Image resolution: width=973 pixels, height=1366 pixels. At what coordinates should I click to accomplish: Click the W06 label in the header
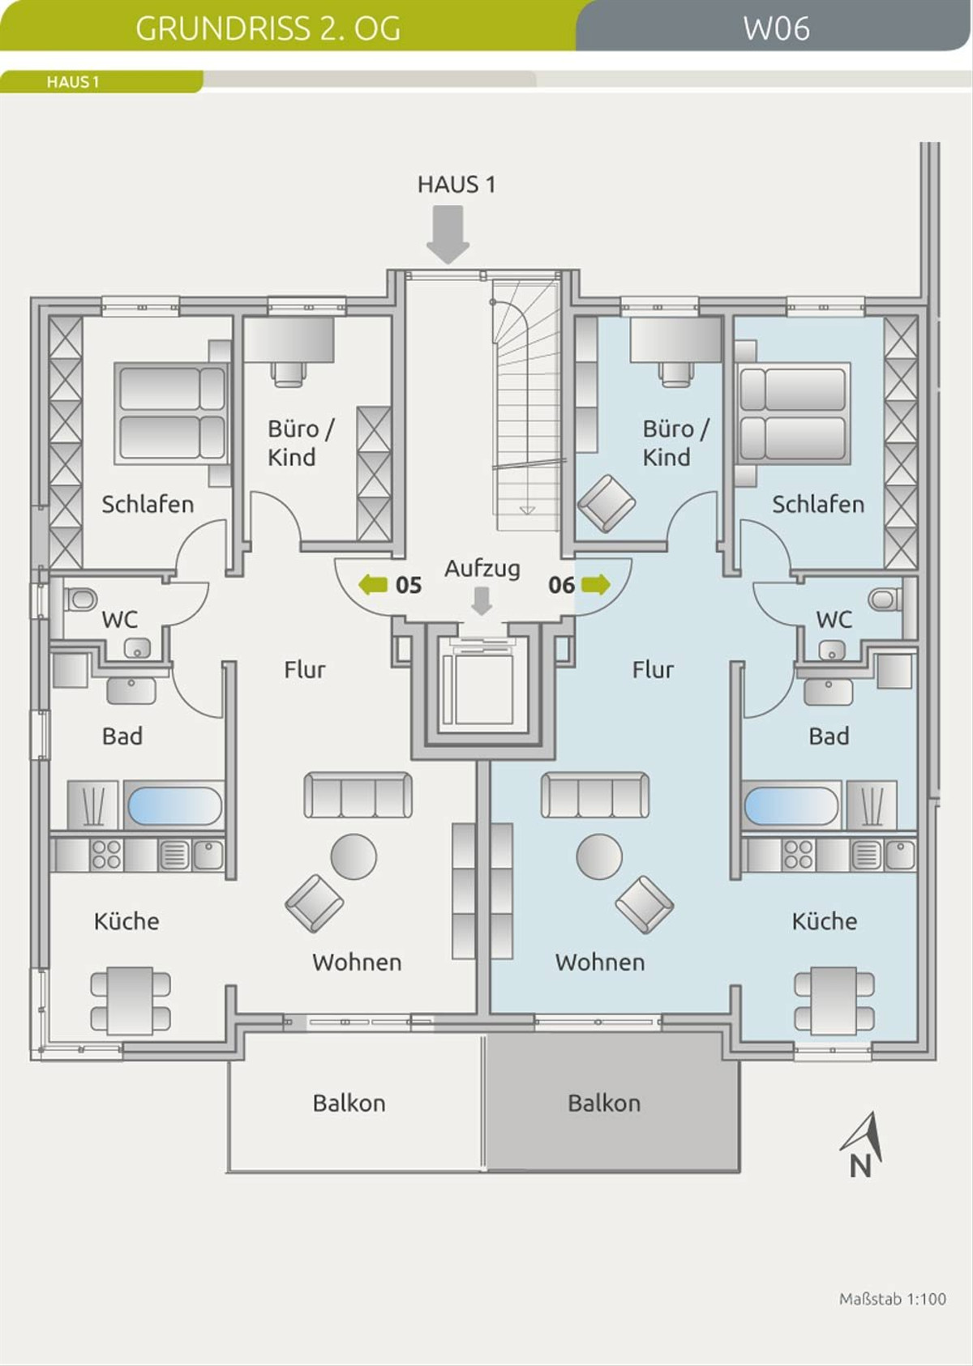pyautogui.click(x=777, y=28)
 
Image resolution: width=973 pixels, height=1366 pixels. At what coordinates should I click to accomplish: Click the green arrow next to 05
pyautogui.click(x=373, y=584)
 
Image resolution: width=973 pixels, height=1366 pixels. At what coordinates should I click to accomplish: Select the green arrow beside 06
pyautogui.click(x=596, y=584)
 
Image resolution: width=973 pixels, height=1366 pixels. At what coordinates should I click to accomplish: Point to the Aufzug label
pyautogui.click(x=482, y=569)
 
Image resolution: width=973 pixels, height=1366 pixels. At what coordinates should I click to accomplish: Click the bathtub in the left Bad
pyautogui.click(x=174, y=805)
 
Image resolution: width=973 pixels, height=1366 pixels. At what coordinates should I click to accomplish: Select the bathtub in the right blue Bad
pyautogui.click(x=791, y=805)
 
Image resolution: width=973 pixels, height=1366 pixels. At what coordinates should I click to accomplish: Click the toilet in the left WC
pyautogui.click(x=81, y=599)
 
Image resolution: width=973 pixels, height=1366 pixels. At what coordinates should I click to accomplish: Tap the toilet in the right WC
pyautogui.click(x=885, y=599)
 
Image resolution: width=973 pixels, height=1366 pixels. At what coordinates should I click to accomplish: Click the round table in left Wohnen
pyautogui.click(x=354, y=856)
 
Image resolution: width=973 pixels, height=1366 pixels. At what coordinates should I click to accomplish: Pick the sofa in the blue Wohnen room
pyautogui.click(x=595, y=795)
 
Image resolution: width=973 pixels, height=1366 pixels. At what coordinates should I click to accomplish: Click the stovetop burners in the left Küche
pyautogui.click(x=106, y=855)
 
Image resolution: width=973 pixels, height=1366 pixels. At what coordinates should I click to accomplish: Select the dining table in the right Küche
pyautogui.click(x=834, y=1001)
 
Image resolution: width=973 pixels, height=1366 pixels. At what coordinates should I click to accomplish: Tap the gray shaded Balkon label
pyautogui.click(x=604, y=1103)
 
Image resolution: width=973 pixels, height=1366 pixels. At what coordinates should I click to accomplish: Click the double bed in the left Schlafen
pyautogui.click(x=172, y=413)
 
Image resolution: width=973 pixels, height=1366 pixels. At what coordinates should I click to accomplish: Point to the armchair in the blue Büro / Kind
pyautogui.click(x=607, y=503)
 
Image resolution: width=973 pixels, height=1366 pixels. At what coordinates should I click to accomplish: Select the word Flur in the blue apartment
pyautogui.click(x=654, y=669)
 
